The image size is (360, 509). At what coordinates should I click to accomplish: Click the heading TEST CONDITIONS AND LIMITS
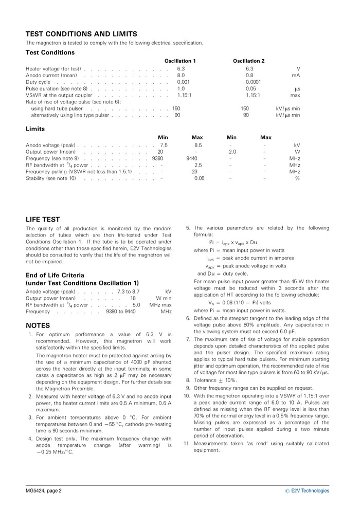tap(81, 34)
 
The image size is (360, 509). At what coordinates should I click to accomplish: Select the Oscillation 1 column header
tap(180, 61)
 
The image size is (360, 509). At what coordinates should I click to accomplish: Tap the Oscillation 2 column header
tap(249, 61)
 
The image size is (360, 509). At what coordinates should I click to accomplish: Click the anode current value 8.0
tap(181, 75)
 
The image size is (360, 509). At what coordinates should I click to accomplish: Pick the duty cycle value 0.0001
tap(253, 82)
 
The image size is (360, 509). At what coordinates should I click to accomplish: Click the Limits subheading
tap(35, 129)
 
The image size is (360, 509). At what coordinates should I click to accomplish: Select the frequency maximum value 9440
tap(193, 159)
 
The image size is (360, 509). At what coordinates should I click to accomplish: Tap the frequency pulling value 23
tap(194, 172)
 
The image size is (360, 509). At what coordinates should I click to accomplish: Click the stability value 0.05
tap(199, 178)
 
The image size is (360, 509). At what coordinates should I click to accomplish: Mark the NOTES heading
tap(38, 325)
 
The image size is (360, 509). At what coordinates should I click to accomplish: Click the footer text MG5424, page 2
tap(44, 490)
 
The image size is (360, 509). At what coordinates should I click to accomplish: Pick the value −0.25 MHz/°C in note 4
tap(55, 452)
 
